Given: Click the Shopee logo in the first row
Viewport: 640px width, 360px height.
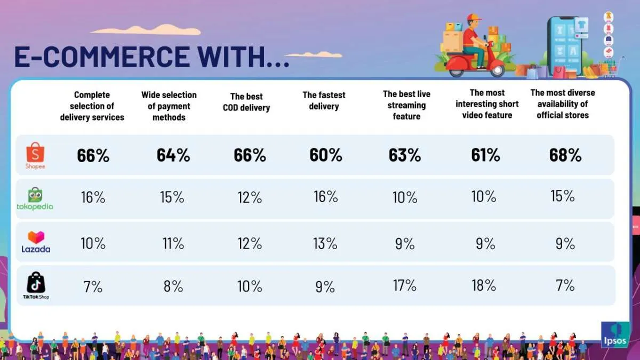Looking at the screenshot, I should point(35,155).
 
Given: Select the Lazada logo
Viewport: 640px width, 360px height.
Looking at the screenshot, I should point(36,242).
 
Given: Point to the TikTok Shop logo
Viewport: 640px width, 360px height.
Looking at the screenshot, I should point(36,285).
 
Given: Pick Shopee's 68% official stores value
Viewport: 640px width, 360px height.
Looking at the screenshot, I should point(565,155).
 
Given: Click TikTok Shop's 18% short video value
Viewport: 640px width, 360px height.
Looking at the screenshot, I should point(484,285).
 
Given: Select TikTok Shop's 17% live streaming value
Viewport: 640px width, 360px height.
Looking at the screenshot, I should point(405,285).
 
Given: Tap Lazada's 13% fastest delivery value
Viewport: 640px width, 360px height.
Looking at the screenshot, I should point(325,243).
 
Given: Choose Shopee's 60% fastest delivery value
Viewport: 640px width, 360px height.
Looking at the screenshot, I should point(326,155).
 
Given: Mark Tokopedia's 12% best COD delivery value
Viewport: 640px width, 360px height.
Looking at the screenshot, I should point(250,197).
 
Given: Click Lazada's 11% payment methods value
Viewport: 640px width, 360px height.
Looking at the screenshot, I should point(172,244).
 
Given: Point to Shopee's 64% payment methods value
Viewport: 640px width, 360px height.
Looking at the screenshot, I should point(173,155).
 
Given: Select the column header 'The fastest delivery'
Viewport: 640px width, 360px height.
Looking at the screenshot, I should point(324,101).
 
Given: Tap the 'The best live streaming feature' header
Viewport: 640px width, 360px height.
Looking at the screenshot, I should point(406,105).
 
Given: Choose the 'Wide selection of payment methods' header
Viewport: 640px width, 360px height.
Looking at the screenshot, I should point(169,106).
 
